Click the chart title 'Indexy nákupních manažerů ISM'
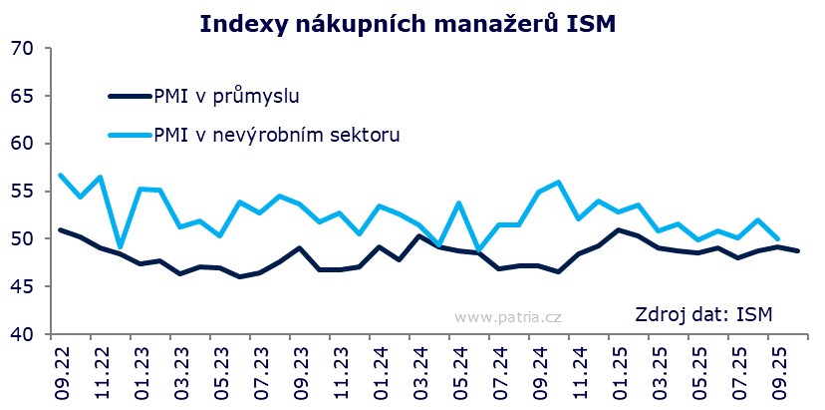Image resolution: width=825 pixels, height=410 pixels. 409,23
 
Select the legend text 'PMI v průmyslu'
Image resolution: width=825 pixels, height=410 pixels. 227,97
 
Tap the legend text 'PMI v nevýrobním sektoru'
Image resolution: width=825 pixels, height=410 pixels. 277,134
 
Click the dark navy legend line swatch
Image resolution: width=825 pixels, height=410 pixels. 130,97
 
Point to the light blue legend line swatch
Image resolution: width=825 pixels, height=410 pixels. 130,134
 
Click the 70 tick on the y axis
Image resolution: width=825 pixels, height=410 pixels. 24,49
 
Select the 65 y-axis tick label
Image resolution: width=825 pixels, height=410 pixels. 24,97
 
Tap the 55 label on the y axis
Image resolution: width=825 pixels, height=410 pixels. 24,192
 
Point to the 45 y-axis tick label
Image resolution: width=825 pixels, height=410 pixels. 24,286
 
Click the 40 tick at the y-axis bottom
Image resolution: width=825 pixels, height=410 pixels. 24,334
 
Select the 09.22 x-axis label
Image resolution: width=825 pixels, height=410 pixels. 61,369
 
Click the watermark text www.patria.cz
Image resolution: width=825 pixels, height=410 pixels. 507,317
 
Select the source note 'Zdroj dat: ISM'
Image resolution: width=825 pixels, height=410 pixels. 704,316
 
